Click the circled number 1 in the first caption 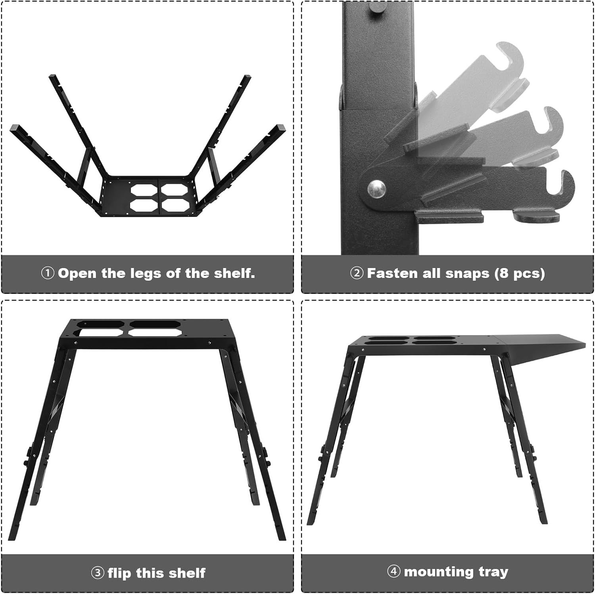coord(48,273)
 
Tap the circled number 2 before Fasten coord(357,273)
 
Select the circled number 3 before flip coord(98,573)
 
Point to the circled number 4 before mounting coord(393,572)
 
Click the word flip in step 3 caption coord(120,573)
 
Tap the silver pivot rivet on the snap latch coord(376,188)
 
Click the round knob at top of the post coord(375,10)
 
